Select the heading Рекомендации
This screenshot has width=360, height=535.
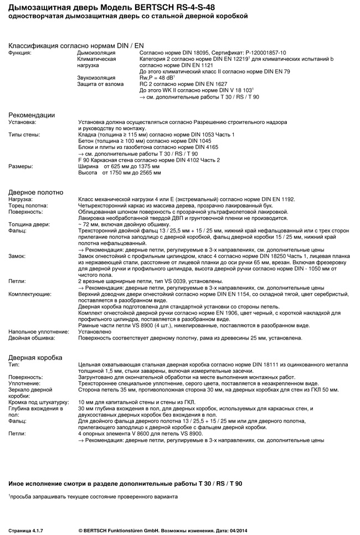32,115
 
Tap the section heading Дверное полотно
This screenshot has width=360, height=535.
35,192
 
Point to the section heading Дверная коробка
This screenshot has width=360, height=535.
35,357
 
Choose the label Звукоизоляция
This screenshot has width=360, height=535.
96,78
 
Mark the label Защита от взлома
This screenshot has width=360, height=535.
100,84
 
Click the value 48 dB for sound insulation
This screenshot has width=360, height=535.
162,78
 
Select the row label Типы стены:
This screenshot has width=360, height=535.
24,135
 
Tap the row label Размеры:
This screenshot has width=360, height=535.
20,166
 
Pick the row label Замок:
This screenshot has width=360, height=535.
18,256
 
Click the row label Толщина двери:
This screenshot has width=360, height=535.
29,224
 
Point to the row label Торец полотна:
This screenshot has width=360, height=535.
28,205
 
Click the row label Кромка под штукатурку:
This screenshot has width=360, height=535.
38,402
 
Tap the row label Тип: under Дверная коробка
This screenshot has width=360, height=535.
14,364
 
